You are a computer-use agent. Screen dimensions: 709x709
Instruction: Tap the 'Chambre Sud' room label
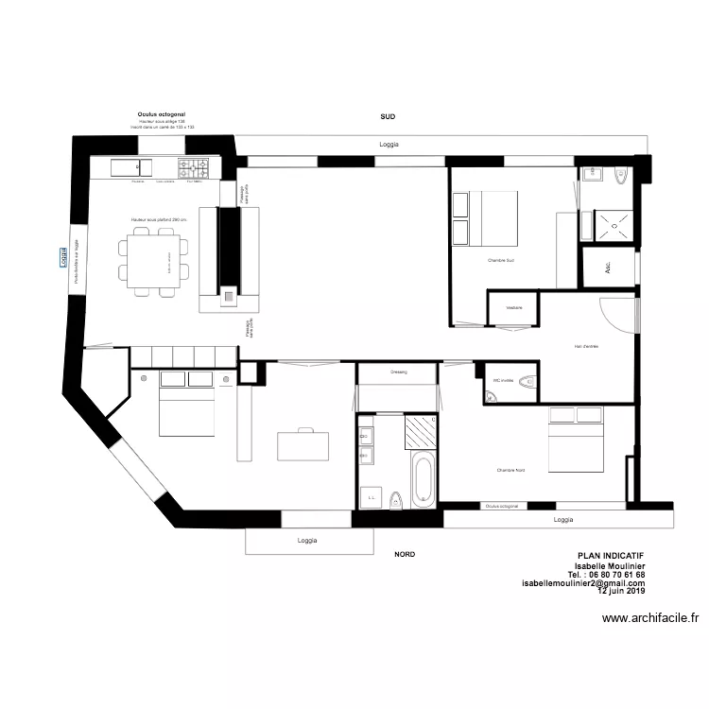click(x=501, y=260)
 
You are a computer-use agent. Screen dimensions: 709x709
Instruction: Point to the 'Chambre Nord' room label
click(x=510, y=470)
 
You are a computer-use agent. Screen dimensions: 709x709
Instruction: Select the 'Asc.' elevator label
click(x=607, y=266)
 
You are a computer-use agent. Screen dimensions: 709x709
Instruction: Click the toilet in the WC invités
click(x=526, y=382)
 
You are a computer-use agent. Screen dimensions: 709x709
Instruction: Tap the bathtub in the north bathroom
click(x=423, y=478)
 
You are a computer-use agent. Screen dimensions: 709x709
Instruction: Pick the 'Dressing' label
click(x=398, y=372)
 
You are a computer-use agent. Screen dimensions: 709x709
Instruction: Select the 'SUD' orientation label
click(x=388, y=116)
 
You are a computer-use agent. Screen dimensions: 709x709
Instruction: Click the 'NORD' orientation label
click(x=405, y=555)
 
